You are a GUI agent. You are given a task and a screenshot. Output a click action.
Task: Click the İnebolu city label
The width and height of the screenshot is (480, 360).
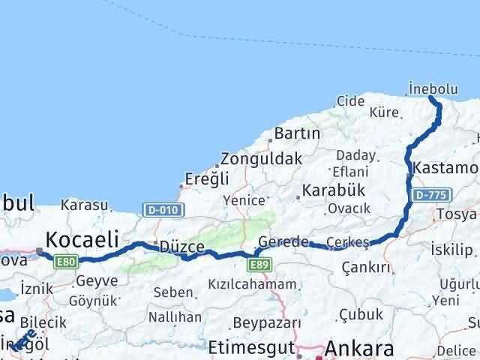[433, 88]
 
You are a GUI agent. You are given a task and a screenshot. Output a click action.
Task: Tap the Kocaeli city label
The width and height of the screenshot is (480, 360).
[82, 239]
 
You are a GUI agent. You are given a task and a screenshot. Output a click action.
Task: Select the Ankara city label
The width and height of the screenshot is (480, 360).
[359, 349]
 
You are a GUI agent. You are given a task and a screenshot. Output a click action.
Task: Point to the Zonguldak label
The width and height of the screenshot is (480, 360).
[260, 159]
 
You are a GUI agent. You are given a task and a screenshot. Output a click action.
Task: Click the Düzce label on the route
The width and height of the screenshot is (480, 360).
[177, 247]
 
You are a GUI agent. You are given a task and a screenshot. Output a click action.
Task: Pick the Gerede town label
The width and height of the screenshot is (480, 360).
[283, 241]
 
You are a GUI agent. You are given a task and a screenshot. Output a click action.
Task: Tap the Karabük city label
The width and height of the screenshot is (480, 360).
[332, 190]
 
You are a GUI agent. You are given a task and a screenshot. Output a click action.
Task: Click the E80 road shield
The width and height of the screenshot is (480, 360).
[66, 261]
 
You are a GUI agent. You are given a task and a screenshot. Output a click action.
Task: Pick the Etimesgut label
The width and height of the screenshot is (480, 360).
[248, 347]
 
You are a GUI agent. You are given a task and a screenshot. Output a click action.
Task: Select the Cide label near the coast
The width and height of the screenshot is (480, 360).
[350, 100]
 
